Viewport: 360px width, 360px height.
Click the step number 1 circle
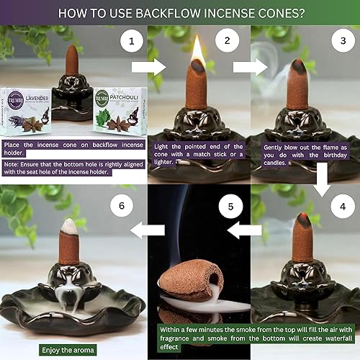point(131,42)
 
